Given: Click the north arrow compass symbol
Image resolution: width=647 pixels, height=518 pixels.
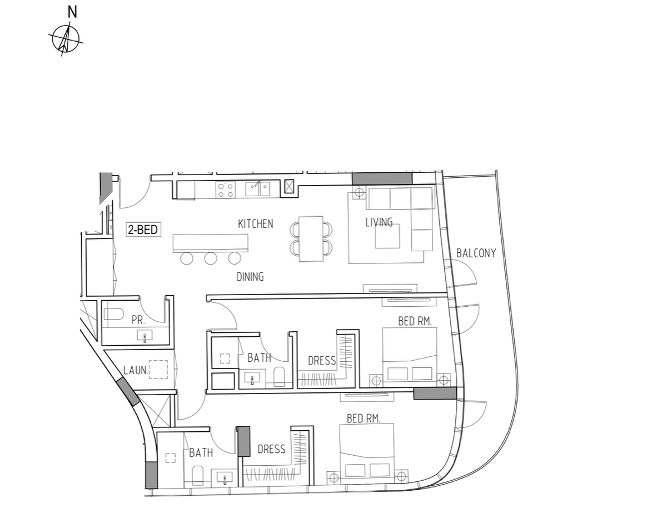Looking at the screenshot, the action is tap(66, 39).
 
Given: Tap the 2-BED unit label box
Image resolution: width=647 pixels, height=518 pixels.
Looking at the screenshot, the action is tap(143, 230).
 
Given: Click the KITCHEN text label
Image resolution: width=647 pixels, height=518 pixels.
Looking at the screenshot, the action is tap(256, 224).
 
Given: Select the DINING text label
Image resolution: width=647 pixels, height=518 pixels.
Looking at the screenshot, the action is tap(250, 277).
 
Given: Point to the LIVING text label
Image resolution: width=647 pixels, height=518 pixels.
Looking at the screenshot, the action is tap(379, 222).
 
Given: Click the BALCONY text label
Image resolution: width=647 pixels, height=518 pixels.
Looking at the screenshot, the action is tap(476, 253).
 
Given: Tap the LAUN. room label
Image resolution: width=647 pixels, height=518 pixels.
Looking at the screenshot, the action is tap(136, 370).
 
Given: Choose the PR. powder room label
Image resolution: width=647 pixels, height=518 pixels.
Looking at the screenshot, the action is tap(138, 320).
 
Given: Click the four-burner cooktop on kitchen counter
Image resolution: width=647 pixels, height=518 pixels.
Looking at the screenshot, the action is tap(225, 190).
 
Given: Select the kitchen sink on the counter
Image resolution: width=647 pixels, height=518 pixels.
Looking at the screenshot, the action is tap(257, 190).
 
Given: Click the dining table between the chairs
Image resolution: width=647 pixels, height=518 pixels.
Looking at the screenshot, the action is tap(311, 238).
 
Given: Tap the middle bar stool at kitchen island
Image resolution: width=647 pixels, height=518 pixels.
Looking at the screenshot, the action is tap(211, 258).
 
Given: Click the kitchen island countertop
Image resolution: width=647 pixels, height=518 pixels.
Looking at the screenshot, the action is tap(211, 243).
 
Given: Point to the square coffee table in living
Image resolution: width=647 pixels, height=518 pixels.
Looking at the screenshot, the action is tap(387, 236).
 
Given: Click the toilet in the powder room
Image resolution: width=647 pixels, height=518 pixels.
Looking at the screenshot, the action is tap(113, 315).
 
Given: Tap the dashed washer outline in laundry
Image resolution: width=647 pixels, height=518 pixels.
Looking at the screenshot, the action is tap(158, 370).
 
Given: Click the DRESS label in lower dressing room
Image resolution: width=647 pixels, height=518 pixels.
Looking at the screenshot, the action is tap(271, 449).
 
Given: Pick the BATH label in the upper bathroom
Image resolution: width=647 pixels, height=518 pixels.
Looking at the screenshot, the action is tap(259, 357).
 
